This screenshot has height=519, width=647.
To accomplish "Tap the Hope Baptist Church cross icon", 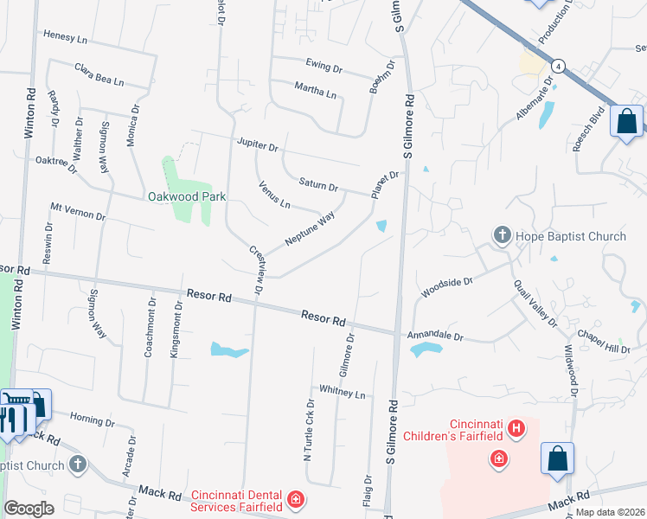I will coord(502,235).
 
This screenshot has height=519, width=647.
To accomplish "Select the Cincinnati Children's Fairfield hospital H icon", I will coord(516,427).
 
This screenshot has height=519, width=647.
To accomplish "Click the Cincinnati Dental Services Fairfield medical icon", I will coord(296,499).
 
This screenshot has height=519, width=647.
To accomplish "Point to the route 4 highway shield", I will coord(560,66).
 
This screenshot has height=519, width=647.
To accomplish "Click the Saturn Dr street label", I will coord(317,183).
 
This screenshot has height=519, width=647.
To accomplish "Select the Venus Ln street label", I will coord(274,195).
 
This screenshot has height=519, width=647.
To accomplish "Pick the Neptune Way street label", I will coord(309,230).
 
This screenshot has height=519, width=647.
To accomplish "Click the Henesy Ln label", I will coord(66,39).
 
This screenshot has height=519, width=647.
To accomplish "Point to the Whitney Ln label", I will coord(343,393).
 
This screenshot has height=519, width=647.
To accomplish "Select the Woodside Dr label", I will coord(446,287).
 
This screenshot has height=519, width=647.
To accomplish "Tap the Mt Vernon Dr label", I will coord(77,211).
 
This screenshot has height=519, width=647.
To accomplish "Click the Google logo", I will coord(29,509).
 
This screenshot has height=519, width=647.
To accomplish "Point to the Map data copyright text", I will coord(609,512).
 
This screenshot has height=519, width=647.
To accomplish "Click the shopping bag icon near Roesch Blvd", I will coord(626,121).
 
